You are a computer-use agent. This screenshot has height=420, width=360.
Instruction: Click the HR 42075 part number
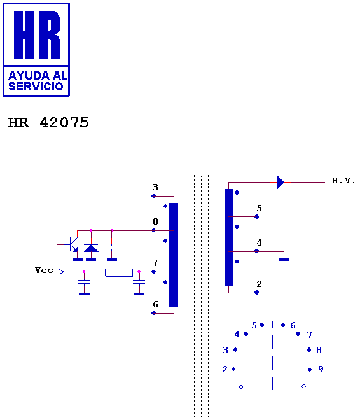(48, 123)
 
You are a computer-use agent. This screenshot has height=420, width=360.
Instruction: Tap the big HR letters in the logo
(37, 34)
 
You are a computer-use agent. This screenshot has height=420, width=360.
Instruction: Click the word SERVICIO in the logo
(36, 87)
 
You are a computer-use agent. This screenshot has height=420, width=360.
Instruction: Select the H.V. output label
(343, 181)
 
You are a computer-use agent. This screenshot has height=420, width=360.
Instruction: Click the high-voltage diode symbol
(280, 182)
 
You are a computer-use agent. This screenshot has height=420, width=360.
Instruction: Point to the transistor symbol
(73, 244)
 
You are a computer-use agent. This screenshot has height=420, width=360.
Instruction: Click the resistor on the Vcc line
(119, 272)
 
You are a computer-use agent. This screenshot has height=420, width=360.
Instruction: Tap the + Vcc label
(38, 270)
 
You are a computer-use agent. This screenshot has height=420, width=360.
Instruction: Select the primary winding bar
(174, 255)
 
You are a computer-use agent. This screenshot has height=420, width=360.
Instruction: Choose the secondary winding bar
(229, 237)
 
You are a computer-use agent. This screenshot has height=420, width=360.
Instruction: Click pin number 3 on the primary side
(155, 187)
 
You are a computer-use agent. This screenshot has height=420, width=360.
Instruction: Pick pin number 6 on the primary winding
(155, 304)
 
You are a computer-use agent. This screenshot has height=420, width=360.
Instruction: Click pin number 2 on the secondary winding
(259, 284)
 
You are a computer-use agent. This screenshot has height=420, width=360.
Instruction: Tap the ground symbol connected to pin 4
(284, 259)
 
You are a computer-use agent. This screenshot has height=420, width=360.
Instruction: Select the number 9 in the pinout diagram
(321, 369)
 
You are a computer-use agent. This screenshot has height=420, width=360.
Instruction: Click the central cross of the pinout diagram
(273, 363)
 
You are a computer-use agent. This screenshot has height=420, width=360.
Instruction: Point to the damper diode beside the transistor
(91, 248)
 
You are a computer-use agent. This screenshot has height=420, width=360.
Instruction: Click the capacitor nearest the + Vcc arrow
(84, 282)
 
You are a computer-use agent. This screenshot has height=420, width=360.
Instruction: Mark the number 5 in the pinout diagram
(254, 325)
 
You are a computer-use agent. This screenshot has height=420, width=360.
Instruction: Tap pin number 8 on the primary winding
(155, 221)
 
